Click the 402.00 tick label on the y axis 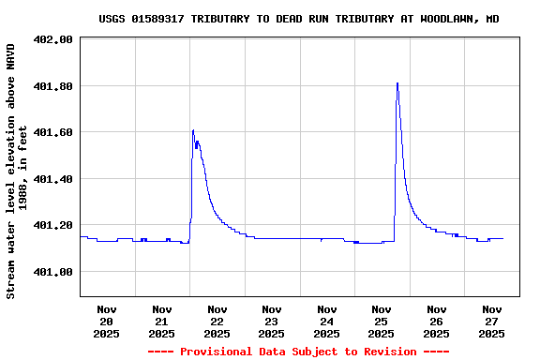[x=52, y=39]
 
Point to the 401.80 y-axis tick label [x=52, y=86]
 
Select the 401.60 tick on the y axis [x=52, y=132]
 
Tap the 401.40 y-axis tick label [x=52, y=179]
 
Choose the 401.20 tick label [x=52, y=225]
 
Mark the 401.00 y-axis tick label [x=52, y=272]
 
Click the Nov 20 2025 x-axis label [x=107, y=321]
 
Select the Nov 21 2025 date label [x=161, y=321]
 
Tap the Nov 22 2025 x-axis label [x=217, y=321]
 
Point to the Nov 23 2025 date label [x=272, y=321]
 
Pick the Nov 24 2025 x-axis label [x=326, y=321]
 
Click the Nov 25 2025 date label [x=382, y=321]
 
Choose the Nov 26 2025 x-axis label [x=436, y=321]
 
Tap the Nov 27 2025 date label [x=491, y=321]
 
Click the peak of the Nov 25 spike [x=397, y=83]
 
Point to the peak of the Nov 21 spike [x=193, y=130]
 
